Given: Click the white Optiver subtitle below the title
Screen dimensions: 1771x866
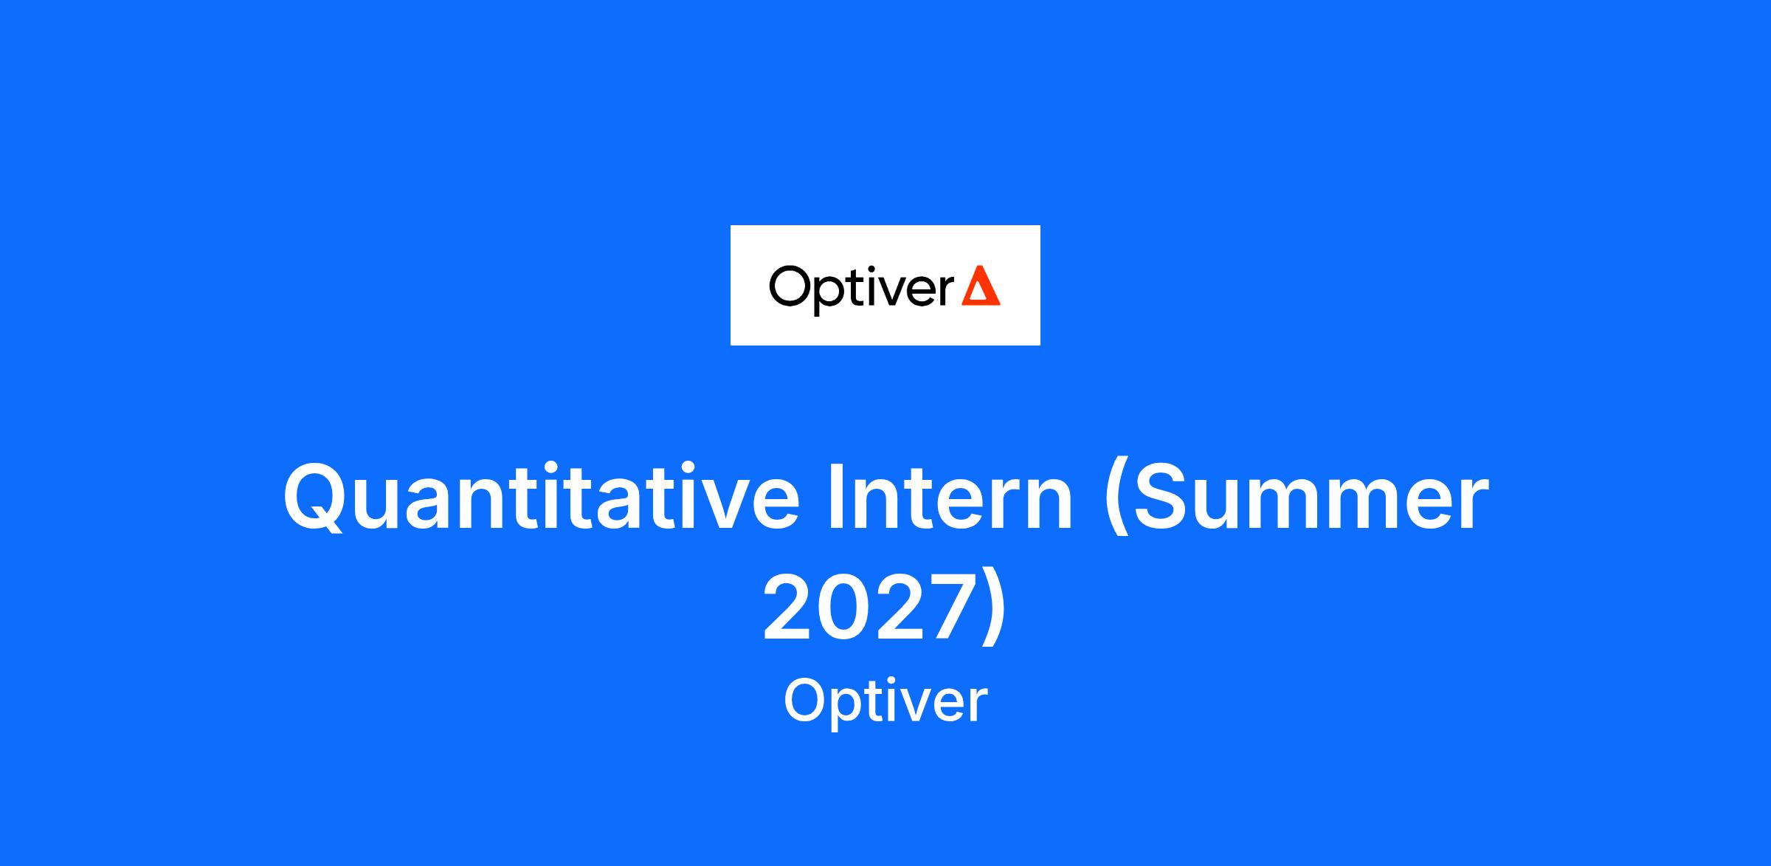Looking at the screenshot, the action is click(x=885, y=703).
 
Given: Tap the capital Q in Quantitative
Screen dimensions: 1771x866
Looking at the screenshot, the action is click(x=314, y=498).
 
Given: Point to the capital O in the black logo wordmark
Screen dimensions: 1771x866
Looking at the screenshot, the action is click(x=791, y=286).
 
